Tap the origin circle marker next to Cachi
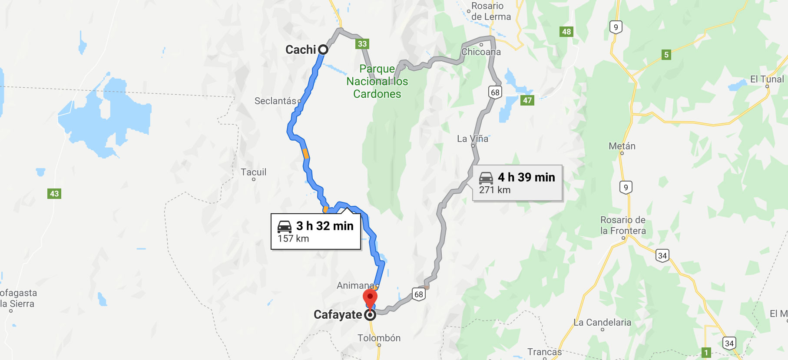(323, 50)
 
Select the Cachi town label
(301, 50)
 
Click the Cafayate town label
(338, 314)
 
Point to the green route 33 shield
(362, 44)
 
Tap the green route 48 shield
(566, 32)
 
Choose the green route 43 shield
(54, 194)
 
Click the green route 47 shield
(527, 100)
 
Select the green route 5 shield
(666, 55)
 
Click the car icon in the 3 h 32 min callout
(285, 226)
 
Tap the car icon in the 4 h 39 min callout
(486, 178)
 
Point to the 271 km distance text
(495, 190)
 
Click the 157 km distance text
(293, 238)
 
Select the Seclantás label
(275, 101)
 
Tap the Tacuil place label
(254, 172)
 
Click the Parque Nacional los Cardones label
(377, 81)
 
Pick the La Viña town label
(473, 139)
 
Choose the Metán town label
(622, 146)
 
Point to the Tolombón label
(379, 338)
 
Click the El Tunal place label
(767, 79)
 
